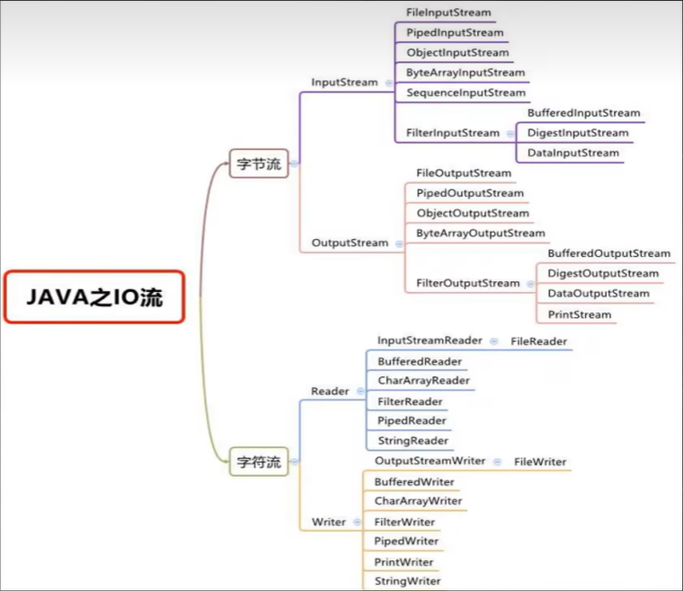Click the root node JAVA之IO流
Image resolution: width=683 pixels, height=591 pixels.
point(93,297)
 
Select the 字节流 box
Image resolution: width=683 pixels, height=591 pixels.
point(259,163)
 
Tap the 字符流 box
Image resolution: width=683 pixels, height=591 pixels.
point(259,463)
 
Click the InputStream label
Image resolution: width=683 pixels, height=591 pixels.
point(344,82)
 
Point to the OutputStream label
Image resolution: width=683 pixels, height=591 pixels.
point(350,243)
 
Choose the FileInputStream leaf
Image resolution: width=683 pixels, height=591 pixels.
point(448,13)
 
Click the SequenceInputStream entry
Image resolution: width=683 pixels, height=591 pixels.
point(466,93)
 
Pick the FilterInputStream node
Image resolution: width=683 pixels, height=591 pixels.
point(453,133)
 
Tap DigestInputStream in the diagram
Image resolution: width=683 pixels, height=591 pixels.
point(578,133)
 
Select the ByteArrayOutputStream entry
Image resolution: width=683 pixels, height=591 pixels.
point(481,234)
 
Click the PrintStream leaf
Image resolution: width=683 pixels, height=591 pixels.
point(580,314)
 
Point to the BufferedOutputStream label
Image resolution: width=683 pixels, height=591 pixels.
point(608,253)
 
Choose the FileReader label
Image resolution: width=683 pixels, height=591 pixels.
point(538,341)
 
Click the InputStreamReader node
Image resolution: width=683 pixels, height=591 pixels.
point(430,341)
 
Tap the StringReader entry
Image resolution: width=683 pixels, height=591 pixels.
point(412,441)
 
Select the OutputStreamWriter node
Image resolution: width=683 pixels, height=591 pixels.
point(430,461)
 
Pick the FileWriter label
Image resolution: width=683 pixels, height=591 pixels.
point(540,462)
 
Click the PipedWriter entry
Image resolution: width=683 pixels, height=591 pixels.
point(406,542)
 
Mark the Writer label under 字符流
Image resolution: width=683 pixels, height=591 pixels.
point(329,522)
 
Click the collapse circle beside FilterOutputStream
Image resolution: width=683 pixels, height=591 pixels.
point(528,283)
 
